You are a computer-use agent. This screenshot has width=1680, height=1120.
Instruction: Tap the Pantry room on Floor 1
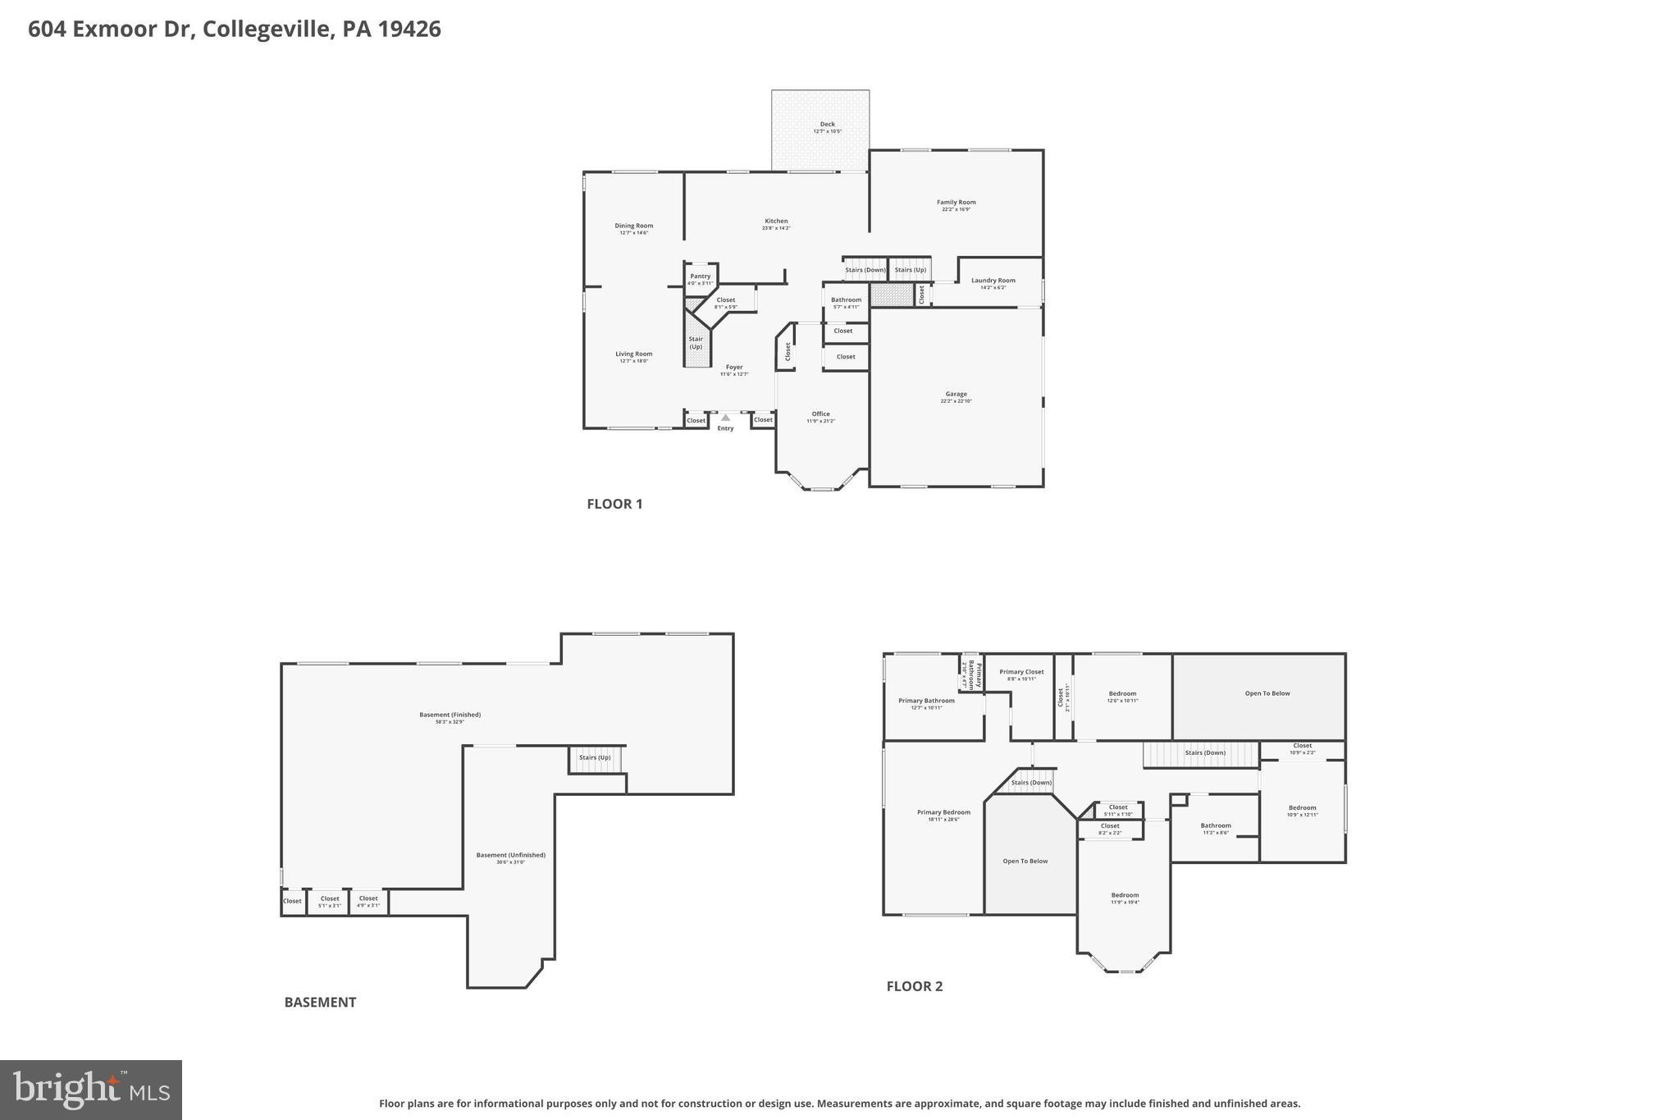coord(700,279)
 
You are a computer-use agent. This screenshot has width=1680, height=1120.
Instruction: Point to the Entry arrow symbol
coord(725,418)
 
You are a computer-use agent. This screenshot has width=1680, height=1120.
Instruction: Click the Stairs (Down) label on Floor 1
coord(865,270)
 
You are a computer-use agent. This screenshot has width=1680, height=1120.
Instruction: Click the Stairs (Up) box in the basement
coord(595,758)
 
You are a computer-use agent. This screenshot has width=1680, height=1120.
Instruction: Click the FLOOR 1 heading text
coord(614,504)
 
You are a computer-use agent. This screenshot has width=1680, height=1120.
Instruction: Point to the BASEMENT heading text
coord(320,1002)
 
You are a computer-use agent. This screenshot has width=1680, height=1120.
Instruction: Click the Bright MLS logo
coord(91,1090)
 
